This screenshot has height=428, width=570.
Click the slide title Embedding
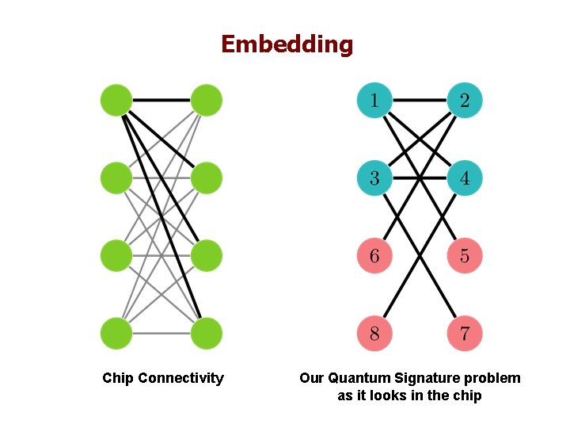287,44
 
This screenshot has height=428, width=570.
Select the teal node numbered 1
374,101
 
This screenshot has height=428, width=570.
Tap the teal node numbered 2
465,101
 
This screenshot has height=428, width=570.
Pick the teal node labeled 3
374,178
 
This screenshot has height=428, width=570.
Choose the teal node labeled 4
465,178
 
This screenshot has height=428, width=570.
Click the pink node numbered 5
465,256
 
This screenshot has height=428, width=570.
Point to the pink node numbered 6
374,256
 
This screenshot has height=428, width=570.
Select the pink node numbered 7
465,333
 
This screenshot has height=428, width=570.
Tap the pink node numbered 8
374,333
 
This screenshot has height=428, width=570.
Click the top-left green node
116,101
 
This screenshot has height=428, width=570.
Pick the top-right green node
206,101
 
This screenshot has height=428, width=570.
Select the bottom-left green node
116,333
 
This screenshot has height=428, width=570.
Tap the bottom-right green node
206,333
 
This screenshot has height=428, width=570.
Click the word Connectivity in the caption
180,378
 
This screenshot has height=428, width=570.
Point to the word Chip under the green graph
117,378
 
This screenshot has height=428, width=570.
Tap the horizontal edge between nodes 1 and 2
420,101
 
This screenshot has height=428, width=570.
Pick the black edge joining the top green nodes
161,101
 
